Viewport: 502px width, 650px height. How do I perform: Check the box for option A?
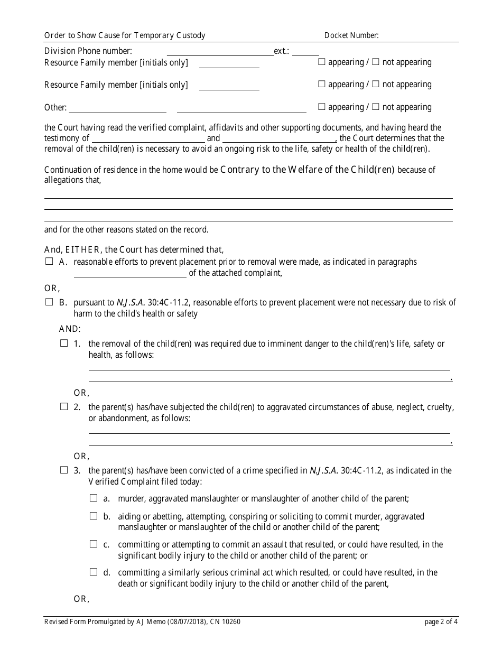point(49,261)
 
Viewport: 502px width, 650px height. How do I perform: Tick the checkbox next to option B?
point(49,302)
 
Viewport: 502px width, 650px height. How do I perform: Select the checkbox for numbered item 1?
point(64,343)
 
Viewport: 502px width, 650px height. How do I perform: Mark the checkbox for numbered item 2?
point(64,406)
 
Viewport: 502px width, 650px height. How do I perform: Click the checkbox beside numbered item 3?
point(64,470)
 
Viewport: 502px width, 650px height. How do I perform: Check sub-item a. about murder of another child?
point(94,498)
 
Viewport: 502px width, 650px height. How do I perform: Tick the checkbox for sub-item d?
point(94,572)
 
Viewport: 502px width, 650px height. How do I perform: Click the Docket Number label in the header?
point(351,35)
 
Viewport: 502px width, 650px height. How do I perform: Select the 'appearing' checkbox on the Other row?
point(321,107)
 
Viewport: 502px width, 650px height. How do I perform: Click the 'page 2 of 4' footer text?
point(441,622)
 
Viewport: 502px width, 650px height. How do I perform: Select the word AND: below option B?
point(70,329)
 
